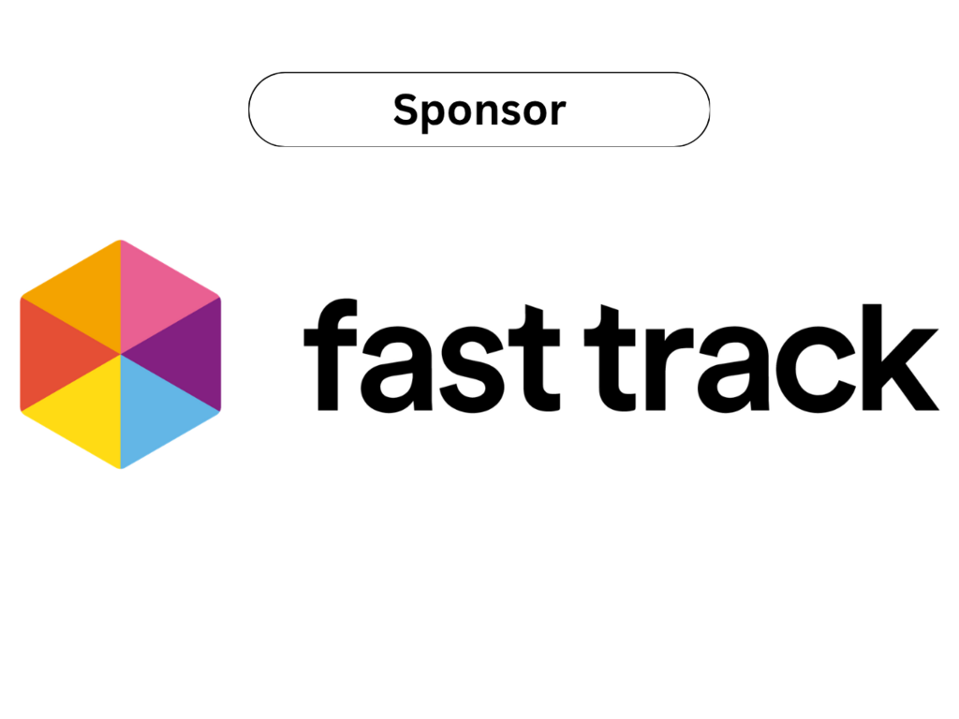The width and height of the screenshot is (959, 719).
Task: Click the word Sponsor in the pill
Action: (x=479, y=110)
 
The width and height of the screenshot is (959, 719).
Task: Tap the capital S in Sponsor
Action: (x=407, y=110)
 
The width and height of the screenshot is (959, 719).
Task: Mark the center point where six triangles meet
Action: (x=121, y=354)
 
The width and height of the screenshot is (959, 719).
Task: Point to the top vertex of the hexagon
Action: (x=121, y=241)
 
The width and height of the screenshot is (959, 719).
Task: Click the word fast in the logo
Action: (x=432, y=355)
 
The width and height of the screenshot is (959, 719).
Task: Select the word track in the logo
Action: (x=761, y=358)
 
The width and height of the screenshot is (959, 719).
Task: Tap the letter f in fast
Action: (x=331, y=355)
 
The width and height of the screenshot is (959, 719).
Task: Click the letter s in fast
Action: (x=472, y=369)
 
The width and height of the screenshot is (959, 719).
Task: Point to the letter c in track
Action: (x=816, y=369)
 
